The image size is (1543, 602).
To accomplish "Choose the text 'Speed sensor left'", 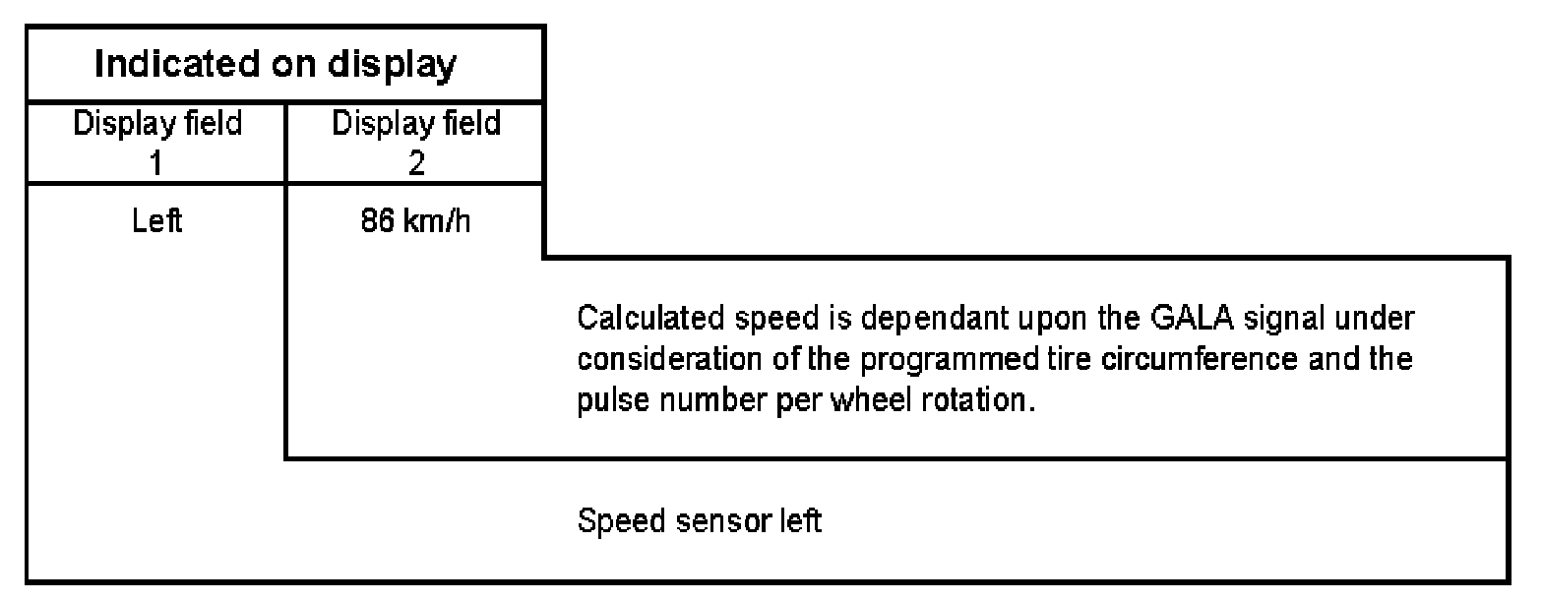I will point(698,520).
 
